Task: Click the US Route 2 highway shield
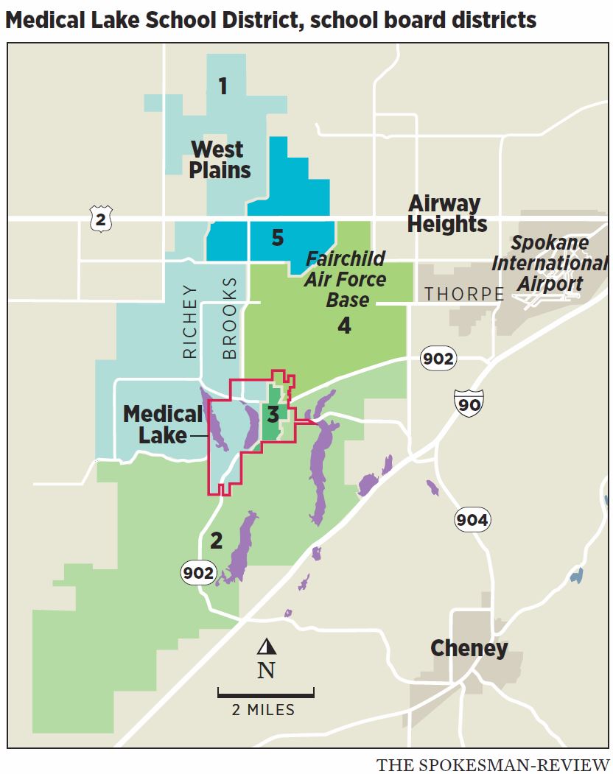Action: (x=100, y=219)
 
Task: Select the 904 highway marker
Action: (x=472, y=521)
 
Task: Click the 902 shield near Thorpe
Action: (x=438, y=359)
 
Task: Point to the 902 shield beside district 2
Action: (x=200, y=572)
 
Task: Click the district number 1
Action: (x=223, y=87)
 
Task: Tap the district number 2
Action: (x=216, y=541)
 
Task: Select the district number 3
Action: (x=273, y=415)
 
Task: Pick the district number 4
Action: (x=344, y=326)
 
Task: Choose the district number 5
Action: (x=277, y=238)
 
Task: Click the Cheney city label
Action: (x=469, y=649)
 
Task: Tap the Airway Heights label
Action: (x=446, y=214)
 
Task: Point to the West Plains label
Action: (x=220, y=160)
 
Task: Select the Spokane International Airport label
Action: (x=550, y=263)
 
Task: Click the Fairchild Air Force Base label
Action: (x=346, y=280)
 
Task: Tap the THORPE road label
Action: (x=464, y=295)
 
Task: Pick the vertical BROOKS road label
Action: (x=230, y=318)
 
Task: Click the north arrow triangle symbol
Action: (x=266, y=647)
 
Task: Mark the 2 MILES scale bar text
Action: (x=263, y=711)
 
